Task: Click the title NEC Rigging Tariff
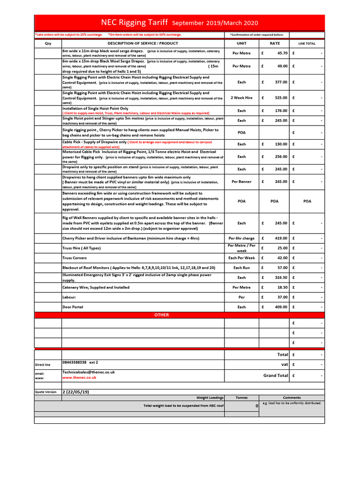(135, 22)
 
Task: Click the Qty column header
(48, 43)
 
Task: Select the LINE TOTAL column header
(307, 44)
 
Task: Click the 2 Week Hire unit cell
(241, 98)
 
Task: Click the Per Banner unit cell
(241, 182)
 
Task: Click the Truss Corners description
(75, 258)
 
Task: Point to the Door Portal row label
(73, 307)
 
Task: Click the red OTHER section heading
(162, 315)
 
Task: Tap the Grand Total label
(276, 375)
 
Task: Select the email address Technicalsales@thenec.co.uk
(89, 372)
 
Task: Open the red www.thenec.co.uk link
(79, 377)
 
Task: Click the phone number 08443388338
(75, 362)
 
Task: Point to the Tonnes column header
(241, 397)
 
